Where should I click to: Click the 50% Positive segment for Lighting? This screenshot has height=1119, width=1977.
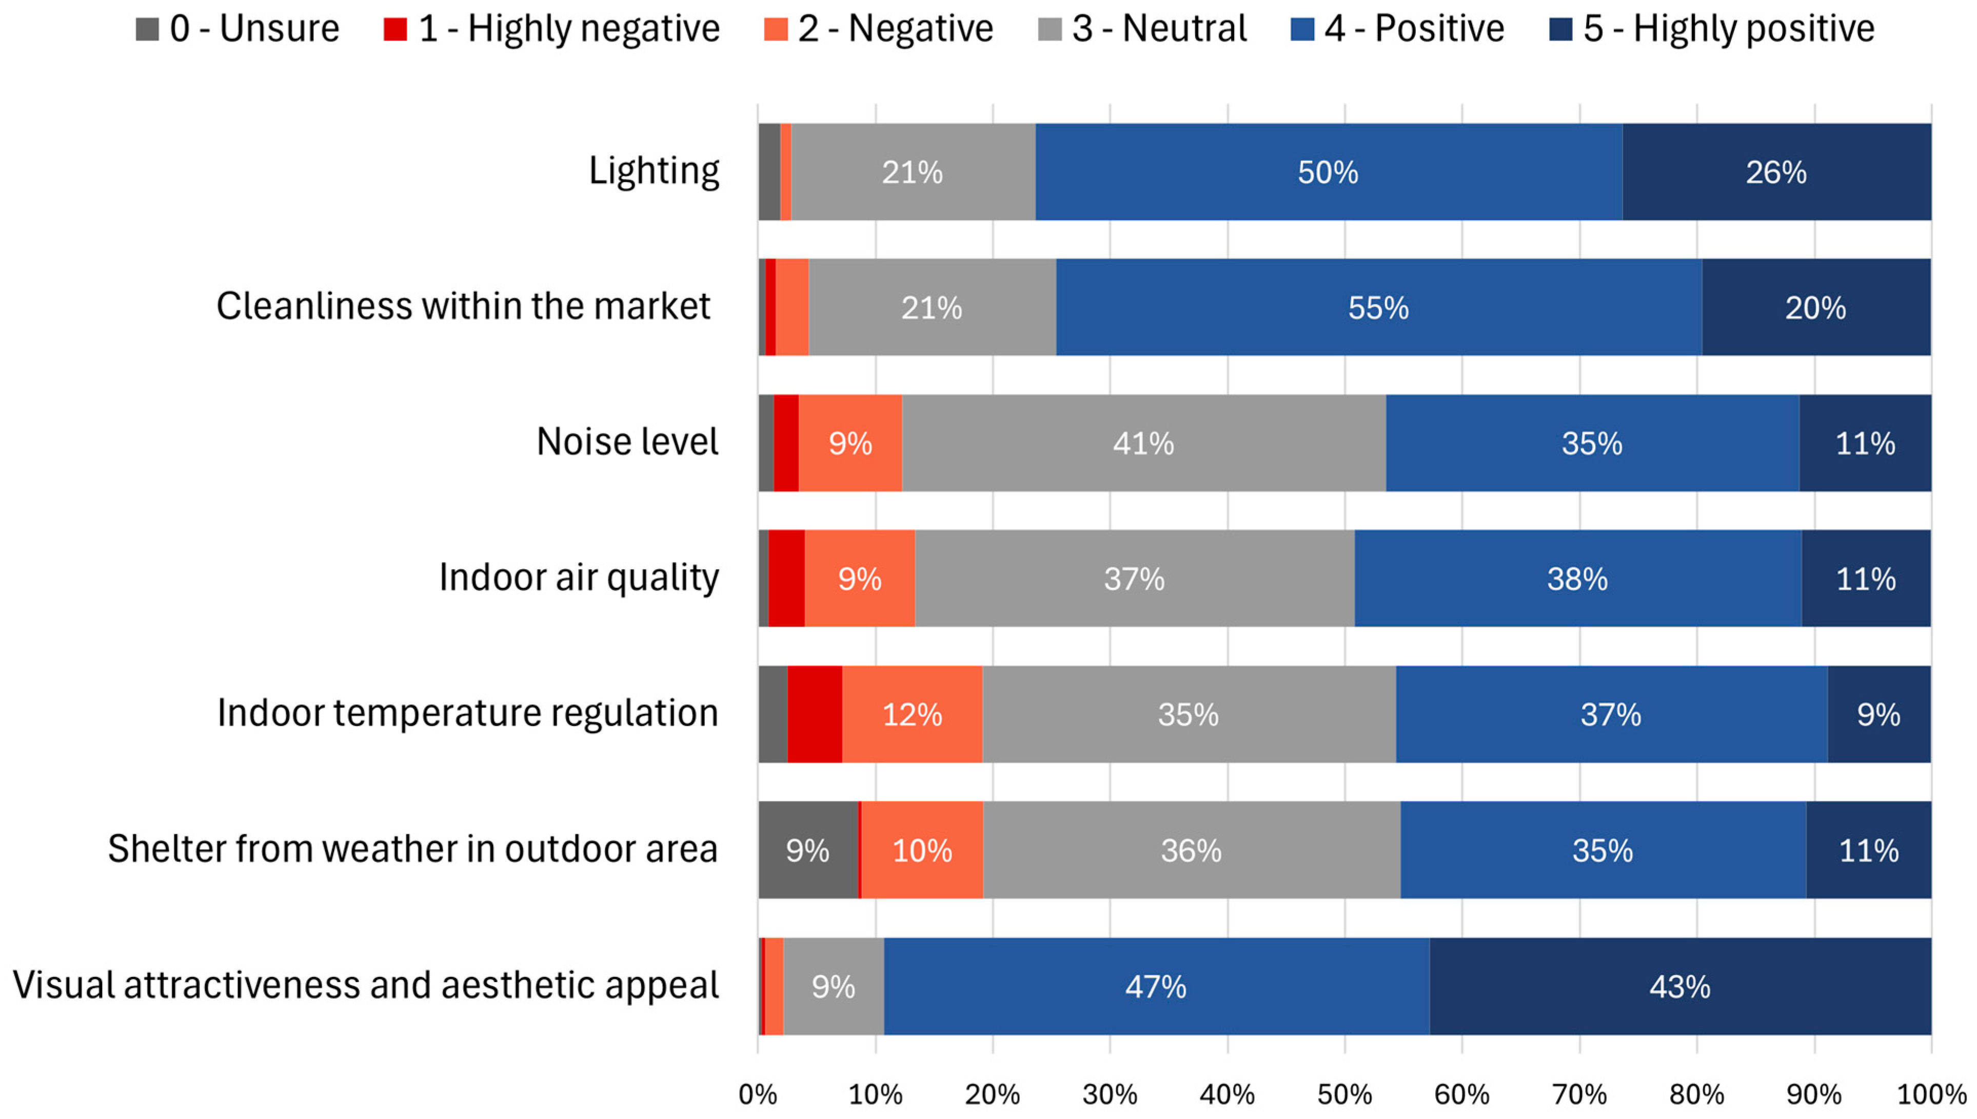click(x=1328, y=172)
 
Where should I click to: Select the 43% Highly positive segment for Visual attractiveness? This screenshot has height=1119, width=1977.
click(x=1679, y=986)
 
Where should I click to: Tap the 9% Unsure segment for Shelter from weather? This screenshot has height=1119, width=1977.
click(x=807, y=850)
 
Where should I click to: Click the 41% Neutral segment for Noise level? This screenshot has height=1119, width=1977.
click(x=1143, y=444)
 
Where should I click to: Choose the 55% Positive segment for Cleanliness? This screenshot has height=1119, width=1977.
click(x=1378, y=307)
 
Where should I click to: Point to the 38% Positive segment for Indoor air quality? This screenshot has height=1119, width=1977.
click(x=1577, y=578)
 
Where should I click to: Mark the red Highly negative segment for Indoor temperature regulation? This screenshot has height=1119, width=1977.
click(x=815, y=715)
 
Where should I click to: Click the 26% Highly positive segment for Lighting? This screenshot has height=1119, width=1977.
click(x=1775, y=172)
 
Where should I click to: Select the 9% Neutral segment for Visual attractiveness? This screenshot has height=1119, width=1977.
click(x=833, y=986)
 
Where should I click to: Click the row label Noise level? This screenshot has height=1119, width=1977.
click(x=626, y=442)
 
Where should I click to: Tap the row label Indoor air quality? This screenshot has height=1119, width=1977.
click(x=578, y=577)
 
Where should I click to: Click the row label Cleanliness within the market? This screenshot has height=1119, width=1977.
click(x=464, y=306)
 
